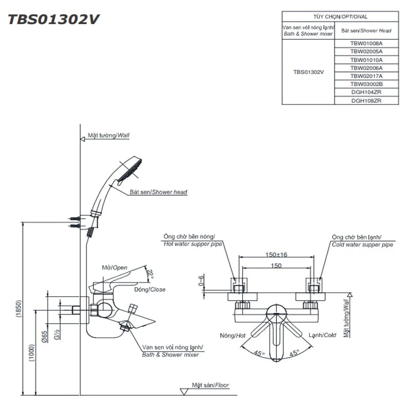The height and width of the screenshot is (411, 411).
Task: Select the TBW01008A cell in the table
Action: tap(366, 44)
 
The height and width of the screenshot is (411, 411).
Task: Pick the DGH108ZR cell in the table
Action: tap(366, 101)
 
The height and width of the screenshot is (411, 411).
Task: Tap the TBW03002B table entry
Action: tap(366, 84)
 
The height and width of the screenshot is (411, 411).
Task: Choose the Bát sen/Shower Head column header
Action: tap(366, 30)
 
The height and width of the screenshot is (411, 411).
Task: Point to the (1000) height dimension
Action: tap(33, 352)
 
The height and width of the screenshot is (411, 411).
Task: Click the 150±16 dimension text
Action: tap(276, 255)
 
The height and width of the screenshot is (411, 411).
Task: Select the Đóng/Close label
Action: tap(150, 290)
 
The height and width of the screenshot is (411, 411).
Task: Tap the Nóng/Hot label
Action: tap(233, 335)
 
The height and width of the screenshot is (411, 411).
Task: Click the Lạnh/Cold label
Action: tap(322, 335)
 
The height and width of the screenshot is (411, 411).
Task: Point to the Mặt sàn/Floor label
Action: tap(210, 385)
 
